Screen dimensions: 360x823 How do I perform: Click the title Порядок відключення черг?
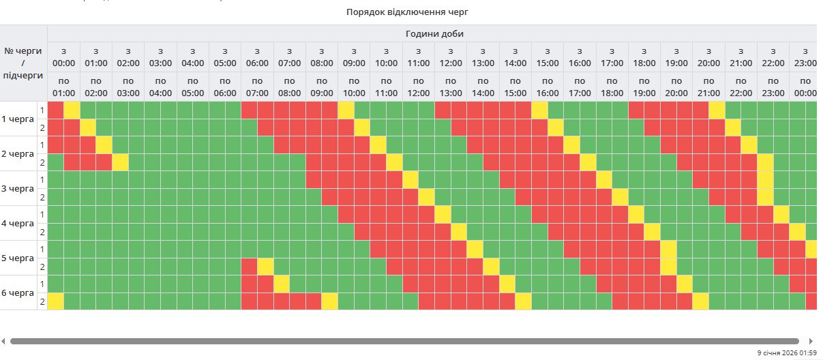[407, 12]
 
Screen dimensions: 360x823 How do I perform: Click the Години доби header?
[434, 33]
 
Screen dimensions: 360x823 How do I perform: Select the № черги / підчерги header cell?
[23, 63]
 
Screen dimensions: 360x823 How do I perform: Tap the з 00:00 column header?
[63, 57]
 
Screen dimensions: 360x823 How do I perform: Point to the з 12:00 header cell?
[451, 57]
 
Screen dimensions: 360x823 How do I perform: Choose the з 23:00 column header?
[805, 57]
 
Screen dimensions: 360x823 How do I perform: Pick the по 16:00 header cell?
[547, 87]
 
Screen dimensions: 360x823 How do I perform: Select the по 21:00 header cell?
[708, 87]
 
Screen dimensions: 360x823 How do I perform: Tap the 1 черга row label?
[18, 119]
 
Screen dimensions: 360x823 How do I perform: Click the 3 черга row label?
[18, 188]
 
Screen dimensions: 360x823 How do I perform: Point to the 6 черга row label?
[18, 292]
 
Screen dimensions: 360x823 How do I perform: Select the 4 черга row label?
[18, 223]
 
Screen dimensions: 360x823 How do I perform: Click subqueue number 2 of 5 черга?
[42, 267]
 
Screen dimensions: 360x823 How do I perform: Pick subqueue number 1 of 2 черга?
[42, 145]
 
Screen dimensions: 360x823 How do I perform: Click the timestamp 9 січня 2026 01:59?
[786, 352]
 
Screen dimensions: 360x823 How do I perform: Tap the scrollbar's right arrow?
[810, 341]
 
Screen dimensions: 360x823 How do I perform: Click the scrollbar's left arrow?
[3, 341]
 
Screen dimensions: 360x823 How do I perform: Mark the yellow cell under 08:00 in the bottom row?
[330, 301]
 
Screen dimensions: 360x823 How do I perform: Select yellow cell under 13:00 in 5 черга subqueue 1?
[475, 249]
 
